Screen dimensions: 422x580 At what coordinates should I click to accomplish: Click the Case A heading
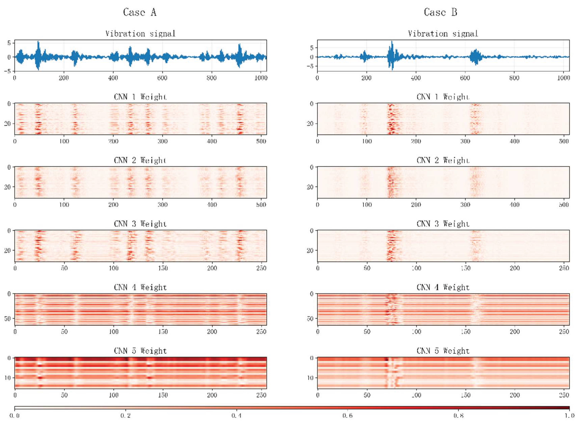pyautogui.click(x=140, y=12)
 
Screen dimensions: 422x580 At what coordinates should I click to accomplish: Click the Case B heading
pyautogui.click(x=440, y=12)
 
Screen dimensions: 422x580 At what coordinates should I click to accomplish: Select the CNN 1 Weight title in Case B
pyautogui.click(x=443, y=97)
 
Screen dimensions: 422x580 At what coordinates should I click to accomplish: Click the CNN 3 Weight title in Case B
pyautogui.click(x=443, y=224)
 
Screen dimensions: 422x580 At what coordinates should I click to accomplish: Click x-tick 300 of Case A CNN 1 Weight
pyautogui.click(x=162, y=141)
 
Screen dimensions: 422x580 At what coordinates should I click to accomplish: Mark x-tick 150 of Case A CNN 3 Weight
pyautogui.click(x=163, y=268)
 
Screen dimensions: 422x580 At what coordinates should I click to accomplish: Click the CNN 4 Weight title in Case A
pyautogui.click(x=140, y=287)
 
